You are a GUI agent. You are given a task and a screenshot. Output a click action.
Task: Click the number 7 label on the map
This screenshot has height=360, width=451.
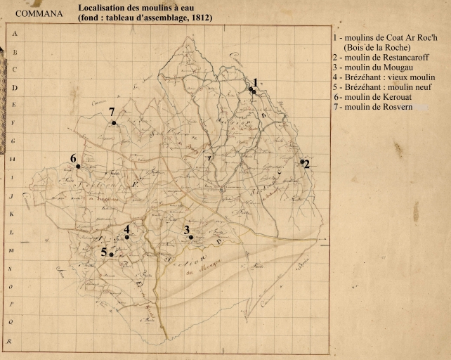click(x=111, y=112)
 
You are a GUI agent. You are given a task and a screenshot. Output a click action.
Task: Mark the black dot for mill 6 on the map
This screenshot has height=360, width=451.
click(x=78, y=167)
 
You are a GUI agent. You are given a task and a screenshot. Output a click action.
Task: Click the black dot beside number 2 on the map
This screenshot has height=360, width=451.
click(x=302, y=162)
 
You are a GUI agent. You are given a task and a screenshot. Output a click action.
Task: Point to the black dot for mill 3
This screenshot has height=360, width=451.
click(x=190, y=238)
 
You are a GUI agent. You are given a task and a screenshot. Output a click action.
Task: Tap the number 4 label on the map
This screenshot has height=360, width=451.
click(x=126, y=229)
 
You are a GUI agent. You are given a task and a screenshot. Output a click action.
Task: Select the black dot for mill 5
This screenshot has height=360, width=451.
click(x=111, y=255)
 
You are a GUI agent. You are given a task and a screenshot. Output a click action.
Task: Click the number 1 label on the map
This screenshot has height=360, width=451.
click(x=256, y=82)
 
